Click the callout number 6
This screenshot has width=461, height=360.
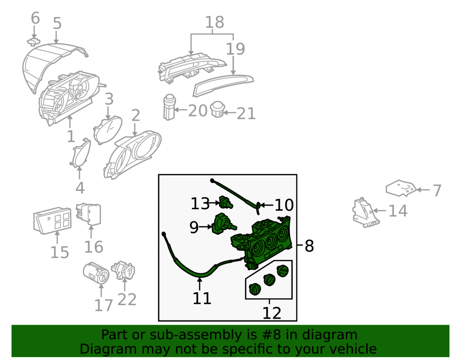(x=35, y=18)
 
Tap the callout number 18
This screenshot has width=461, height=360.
(x=215, y=22)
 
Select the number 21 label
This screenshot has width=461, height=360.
(x=246, y=113)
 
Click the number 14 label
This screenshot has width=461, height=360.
(x=398, y=211)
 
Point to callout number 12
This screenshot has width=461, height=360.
(x=272, y=313)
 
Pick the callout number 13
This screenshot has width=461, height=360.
(x=200, y=203)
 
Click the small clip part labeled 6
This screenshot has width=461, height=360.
(x=34, y=42)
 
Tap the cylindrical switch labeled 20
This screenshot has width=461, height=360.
(x=169, y=107)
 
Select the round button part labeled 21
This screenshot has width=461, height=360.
(x=218, y=109)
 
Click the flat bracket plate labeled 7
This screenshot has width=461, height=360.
(x=401, y=188)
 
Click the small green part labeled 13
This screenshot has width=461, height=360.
(x=226, y=202)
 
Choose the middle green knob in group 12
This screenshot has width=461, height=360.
(x=269, y=279)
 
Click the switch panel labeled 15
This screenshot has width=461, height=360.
(x=53, y=220)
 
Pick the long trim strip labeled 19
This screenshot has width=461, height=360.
(x=223, y=85)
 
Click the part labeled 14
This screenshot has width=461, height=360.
(x=365, y=213)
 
